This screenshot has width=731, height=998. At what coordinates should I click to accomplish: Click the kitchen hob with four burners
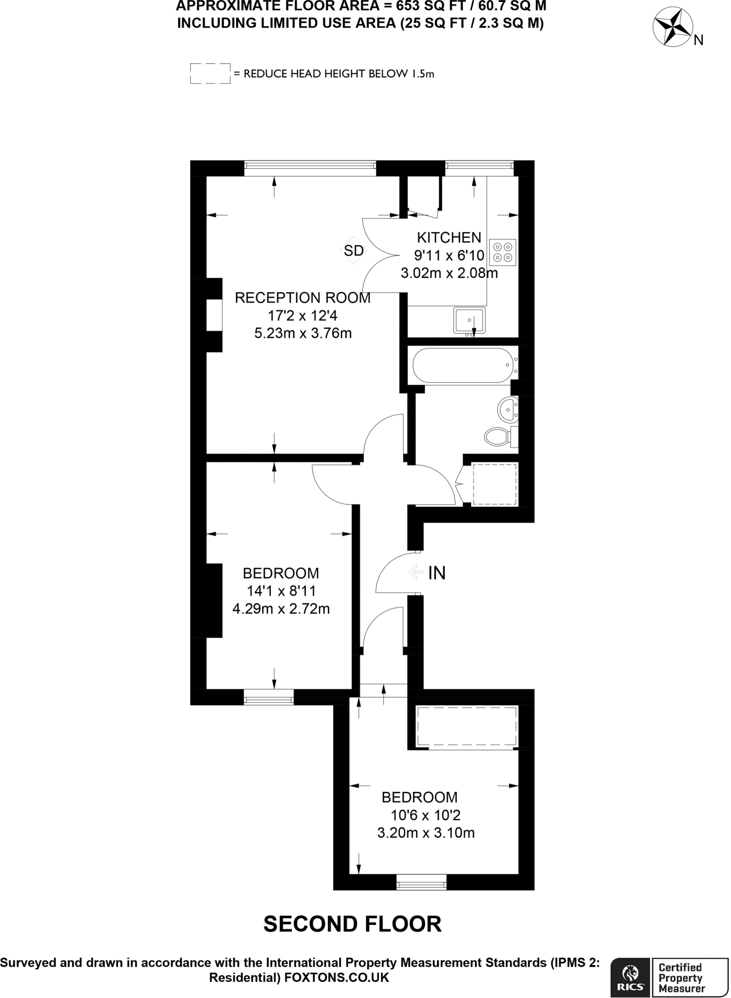503,252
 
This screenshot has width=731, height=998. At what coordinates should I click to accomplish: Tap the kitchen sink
469,320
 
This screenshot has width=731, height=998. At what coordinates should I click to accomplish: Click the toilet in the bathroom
498,435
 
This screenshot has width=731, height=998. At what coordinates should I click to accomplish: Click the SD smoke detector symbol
354,250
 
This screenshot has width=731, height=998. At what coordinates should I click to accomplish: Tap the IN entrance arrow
416,572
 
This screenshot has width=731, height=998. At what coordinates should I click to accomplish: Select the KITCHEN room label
449,237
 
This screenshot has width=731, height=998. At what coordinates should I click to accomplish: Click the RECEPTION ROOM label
302,297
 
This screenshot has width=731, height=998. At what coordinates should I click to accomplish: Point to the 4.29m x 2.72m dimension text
281,609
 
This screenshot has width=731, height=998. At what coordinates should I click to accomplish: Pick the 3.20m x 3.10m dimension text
426,833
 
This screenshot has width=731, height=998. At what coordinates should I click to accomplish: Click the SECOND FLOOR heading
353,924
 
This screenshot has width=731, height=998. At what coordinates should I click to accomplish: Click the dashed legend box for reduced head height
210,74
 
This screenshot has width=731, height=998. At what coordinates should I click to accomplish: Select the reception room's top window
310,168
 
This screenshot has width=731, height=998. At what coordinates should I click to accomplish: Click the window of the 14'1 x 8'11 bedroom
269,697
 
